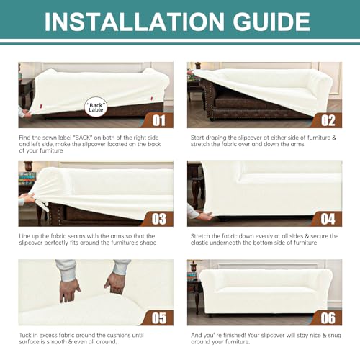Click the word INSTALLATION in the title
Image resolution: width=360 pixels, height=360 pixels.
point(135,22)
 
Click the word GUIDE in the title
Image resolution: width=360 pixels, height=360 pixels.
point(271,22)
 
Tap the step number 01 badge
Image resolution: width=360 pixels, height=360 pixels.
point(158,120)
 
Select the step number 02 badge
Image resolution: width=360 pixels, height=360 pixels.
point(328,120)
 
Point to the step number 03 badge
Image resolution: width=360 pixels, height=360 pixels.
point(158,219)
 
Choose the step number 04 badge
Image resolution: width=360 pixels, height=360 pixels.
point(328,219)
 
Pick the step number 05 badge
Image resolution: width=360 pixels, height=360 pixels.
point(158,318)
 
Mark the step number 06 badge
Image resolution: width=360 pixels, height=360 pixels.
point(328,318)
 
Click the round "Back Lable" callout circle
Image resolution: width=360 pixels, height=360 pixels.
point(96,107)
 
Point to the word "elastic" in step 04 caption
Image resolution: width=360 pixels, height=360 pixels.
point(199,243)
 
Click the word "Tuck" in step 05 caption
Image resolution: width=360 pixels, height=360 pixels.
point(25,336)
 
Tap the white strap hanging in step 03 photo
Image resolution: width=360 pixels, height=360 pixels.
point(45,207)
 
